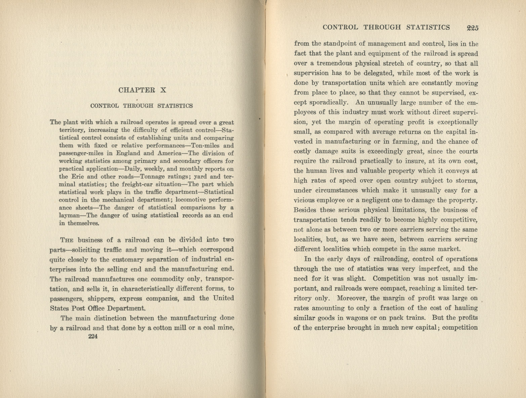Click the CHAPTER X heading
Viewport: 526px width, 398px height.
[142, 90]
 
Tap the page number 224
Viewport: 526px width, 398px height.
[92, 337]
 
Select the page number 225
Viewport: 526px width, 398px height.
[472, 28]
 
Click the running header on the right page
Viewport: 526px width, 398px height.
[386, 27]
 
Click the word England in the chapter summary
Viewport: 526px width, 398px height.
[128, 153]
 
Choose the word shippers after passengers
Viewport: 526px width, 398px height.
[100, 298]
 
